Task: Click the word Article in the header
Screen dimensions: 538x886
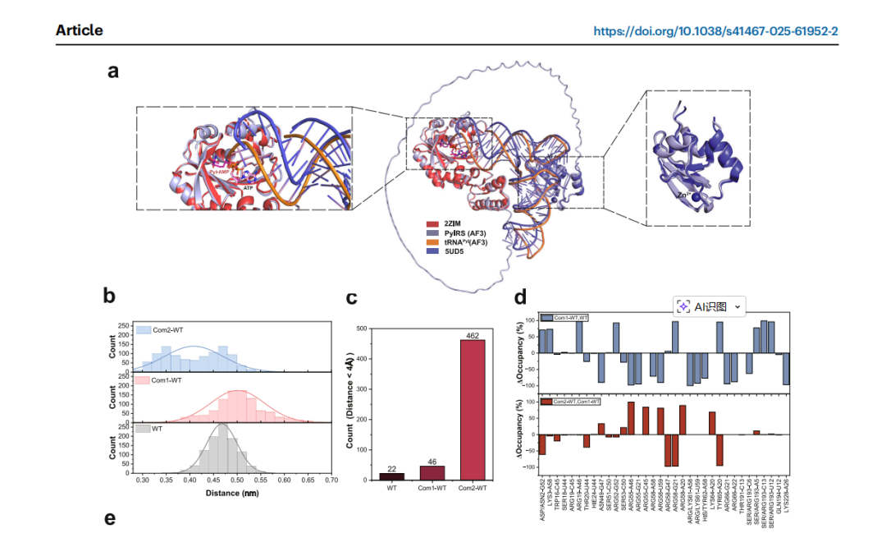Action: click(80, 30)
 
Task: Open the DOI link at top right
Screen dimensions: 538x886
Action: click(715, 31)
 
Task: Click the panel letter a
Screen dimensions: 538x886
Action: click(113, 71)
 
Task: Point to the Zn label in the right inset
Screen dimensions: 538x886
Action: click(682, 197)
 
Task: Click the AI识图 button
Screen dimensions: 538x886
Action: click(710, 306)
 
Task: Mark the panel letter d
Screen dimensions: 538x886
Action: click(520, 296)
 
